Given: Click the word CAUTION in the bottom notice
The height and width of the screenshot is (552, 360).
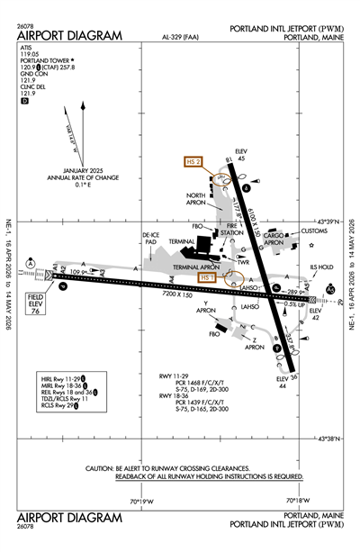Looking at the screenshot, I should pos(101,469).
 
